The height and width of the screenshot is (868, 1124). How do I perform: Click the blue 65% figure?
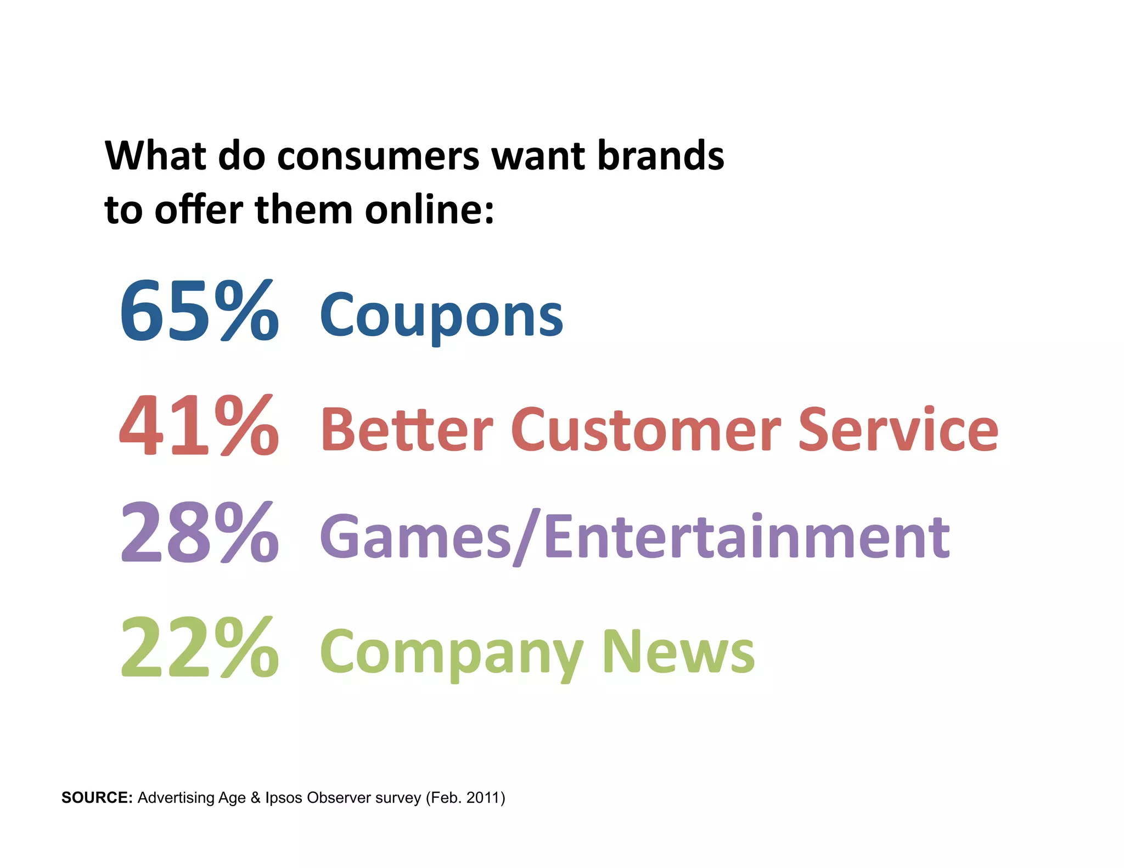click(199, 311)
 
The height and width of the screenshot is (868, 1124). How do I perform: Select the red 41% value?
click(199, 426)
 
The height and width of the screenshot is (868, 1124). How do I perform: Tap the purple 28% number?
click(199, 533)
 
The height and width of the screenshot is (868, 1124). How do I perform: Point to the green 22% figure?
click(199, 647)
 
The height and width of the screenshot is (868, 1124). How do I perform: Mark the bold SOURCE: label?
click(97, 797)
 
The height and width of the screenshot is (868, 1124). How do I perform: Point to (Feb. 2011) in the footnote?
click(465, 797)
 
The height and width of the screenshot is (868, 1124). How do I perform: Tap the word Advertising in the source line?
click(175, 798)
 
